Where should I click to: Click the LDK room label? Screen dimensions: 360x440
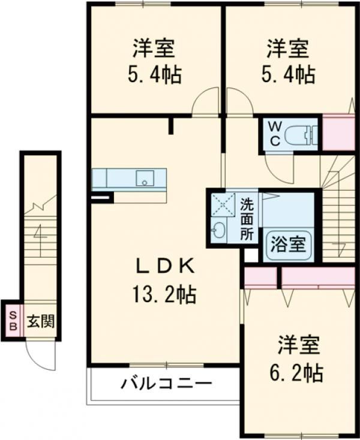tap(165, 266)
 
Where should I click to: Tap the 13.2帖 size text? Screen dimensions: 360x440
tap(164, 294)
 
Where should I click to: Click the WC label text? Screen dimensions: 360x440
tap(275, 134)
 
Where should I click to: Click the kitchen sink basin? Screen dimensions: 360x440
tap(145, 178)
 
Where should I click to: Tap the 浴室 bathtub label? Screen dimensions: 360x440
tap(288, 244)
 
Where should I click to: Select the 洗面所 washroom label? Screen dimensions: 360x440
tap(247, 219)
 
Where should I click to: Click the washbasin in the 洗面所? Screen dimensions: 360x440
tap(218, 231)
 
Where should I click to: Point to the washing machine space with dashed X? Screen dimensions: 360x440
tap(223, 204)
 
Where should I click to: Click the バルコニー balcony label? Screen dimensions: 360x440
tap(166, 383)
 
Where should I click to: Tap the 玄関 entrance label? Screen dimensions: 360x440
tap(40, 321)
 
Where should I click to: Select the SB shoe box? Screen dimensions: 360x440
tap(13, 321)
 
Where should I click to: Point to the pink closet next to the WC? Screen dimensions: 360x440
tap(338, 132)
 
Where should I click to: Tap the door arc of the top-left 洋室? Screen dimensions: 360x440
tap(201, 95)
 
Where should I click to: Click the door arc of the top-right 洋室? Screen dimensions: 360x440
tap(244, 95)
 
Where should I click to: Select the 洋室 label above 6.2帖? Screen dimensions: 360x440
tap(299, 345)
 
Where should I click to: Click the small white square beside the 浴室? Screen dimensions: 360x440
tap(251, 255)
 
